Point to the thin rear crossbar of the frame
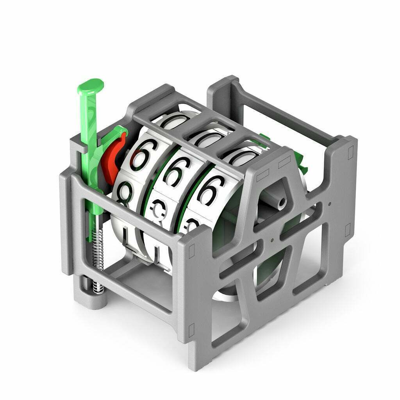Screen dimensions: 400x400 pyautogui.click(x=289, y=113)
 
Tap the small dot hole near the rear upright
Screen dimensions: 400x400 pyautogui.click(x=330, y=204)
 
